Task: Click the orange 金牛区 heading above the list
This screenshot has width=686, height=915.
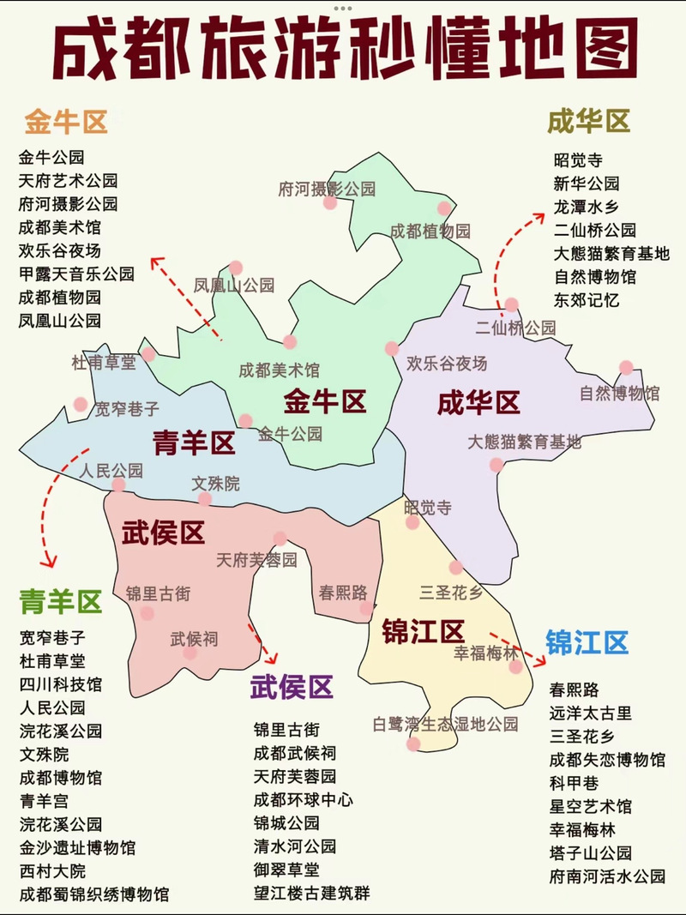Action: tap(66, 123)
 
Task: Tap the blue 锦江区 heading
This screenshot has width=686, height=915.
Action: tap(587, 642)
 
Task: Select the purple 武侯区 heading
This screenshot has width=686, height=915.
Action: tap(292, 686)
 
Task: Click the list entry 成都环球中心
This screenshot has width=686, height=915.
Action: tap(304, 799)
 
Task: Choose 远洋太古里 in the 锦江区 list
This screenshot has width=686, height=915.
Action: tap(591, 713)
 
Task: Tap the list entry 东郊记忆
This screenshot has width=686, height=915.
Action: tap(587, 300)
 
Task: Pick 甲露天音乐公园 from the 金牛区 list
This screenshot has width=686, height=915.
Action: tap(76, 274)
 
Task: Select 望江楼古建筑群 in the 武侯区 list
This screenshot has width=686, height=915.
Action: tap(312, 893)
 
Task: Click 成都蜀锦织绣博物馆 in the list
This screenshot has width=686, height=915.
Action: tap(94, 894)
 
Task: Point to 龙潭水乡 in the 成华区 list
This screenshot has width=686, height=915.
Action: tap(587, 207)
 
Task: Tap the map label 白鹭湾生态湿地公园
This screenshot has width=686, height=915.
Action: tap(445, 724)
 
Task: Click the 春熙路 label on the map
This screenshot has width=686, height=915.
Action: tap(343, 592)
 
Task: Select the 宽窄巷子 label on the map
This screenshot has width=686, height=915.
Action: tap(127, 409)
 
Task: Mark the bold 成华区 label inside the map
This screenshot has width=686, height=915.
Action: tap(478, 402)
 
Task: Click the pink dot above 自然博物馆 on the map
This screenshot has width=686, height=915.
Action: tap(626, 367)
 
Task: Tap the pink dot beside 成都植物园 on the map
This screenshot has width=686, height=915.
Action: tap(444, 208)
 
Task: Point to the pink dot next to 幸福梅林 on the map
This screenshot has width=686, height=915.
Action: tap(514, 667)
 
